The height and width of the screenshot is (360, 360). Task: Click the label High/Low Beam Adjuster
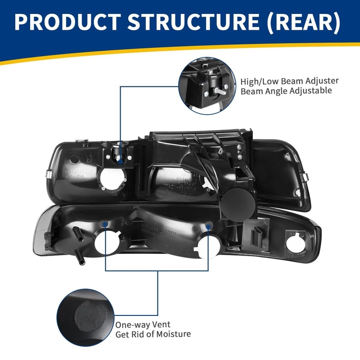click(x=289, y=81)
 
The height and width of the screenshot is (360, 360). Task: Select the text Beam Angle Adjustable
click(x=286, y=91)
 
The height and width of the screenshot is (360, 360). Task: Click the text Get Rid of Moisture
click(x=153, y=334)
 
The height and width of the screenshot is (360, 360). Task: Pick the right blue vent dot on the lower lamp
click(x=208, y=223)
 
